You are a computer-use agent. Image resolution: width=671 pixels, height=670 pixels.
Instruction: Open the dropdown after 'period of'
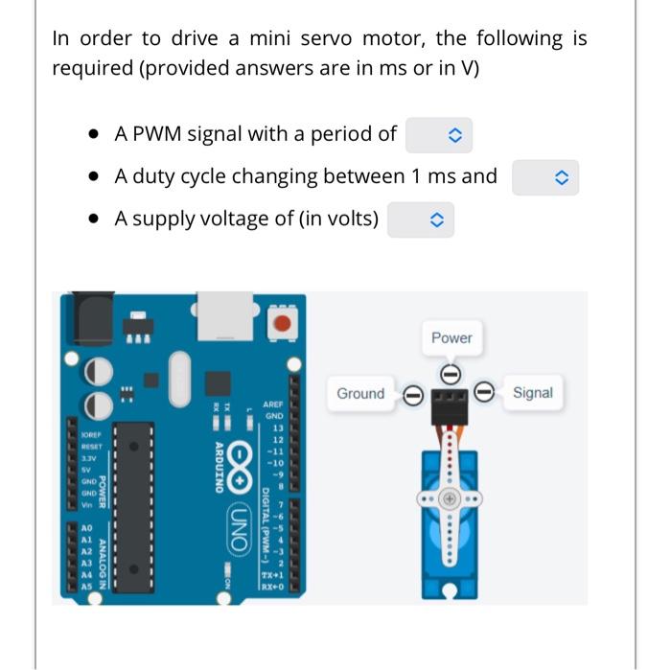pos(439,135)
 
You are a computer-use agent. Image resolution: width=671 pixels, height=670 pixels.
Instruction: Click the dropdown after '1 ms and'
pos(544,177)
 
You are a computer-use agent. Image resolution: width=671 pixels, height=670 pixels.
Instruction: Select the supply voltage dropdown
pos(420,220)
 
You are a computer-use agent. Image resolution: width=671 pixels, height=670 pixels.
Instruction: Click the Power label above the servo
pos(451,338)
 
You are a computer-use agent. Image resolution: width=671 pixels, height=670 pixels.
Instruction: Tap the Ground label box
pos(360,394)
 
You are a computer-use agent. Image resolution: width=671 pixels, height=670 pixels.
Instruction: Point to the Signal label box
pos(532,393)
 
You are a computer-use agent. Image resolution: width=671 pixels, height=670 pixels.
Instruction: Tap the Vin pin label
pos(85,503)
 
